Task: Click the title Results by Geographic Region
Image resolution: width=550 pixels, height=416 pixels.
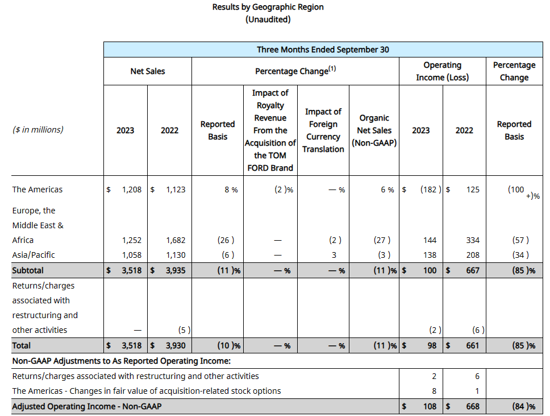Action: click(268, 7)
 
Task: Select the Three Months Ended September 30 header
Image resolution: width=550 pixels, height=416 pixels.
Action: click(323, 50)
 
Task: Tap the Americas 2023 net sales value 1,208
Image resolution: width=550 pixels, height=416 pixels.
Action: click(131, 190)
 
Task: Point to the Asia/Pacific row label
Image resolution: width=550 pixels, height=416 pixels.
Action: click(34, 255)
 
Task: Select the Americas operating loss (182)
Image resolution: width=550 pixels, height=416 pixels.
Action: click(430, 190)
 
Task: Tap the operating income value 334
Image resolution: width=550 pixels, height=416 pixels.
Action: click(472, 240)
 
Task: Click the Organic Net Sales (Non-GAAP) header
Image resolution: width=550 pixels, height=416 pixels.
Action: click(374, 130)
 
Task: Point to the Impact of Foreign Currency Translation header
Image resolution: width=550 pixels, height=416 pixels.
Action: click(323, 130)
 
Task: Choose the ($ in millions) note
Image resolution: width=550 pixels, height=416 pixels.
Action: click(37, 130)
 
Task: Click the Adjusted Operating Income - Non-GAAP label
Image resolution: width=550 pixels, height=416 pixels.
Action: click(90, 406)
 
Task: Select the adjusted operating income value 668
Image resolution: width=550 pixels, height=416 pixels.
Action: click(472, 406)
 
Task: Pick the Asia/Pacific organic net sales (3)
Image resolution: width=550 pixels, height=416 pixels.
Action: click(381, 255)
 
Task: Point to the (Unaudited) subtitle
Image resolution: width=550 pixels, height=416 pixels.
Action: click(268, 19)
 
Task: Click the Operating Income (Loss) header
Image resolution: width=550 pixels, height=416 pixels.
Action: click(442, 71)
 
